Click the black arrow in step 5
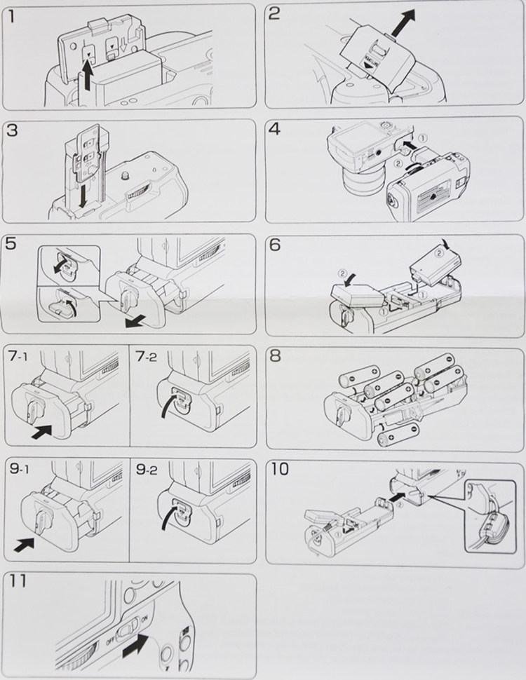point(137,320)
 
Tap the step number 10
point(278,469)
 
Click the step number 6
point(275,244)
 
